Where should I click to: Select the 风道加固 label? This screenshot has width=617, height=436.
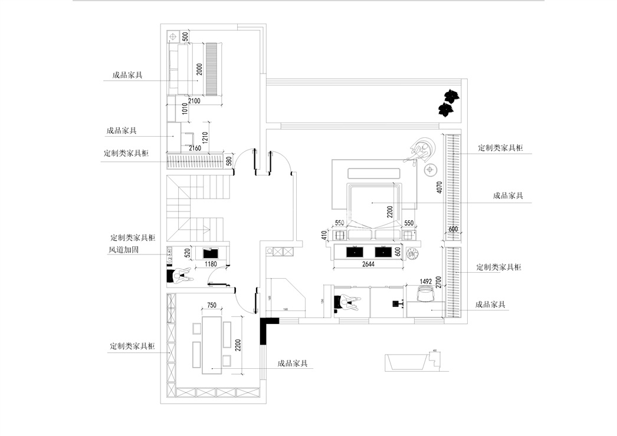point(123,250)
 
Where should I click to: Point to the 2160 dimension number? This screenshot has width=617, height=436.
point(195,148)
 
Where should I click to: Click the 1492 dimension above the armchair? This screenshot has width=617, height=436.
point(426,282)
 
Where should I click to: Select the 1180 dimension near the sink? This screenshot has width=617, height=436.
point(211,265)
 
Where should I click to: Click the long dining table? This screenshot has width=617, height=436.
point(211,345)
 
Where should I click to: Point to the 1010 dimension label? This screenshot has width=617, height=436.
point(184,110)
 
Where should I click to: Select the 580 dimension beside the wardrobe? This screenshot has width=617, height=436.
point(229,160)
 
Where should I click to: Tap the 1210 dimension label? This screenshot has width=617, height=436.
point(205,138)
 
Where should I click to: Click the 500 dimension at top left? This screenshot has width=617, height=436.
point(185,37)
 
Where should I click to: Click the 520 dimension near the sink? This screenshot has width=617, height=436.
point(187,253)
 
